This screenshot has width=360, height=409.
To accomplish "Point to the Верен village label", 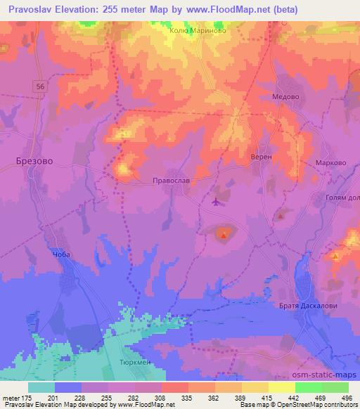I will (261, 157).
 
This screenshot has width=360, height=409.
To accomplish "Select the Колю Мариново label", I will (197, 30).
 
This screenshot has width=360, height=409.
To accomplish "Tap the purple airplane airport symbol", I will (216, 202).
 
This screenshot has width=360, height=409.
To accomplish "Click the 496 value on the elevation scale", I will (346, 398).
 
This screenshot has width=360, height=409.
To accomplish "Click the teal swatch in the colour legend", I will (41, 387).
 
